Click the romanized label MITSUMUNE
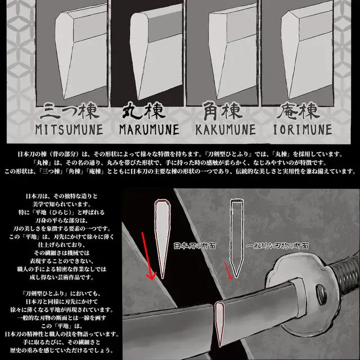click(x=69, y=130)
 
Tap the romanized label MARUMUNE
click(x=149, y=130)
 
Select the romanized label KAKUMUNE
click(x=226, y=130)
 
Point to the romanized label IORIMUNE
click(x=303, y=130)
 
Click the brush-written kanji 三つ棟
click(x=70, y=111)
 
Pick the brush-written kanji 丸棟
click(x=144, y=111)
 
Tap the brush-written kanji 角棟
click(x=223, y=111)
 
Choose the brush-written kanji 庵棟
click(x=298, y=111)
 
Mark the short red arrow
click(x=228, y=271)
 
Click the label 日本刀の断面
click(x=195, y=246)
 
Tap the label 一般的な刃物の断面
click(x=277, y=246)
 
